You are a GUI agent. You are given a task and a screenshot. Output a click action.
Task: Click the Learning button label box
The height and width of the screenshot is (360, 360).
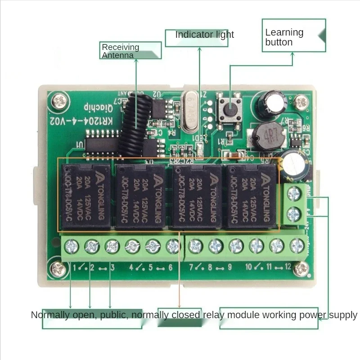click(x=294, y=36)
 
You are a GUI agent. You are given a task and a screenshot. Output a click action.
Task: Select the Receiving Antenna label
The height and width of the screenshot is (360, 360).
click(x=130, y=50)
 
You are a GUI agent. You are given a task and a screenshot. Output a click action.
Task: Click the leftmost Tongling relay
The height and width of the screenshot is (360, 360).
click(x=84, y=195)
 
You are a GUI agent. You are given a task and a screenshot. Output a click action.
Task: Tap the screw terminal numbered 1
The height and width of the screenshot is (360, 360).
click(x=72, y=247)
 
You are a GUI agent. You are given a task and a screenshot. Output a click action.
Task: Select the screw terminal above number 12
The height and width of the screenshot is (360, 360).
click(x=297, y=247)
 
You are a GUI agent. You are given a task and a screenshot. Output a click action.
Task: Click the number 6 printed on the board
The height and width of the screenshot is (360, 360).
click(x=171, y=267)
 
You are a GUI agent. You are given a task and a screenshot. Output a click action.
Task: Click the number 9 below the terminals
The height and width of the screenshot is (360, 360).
click(x=229, y=267)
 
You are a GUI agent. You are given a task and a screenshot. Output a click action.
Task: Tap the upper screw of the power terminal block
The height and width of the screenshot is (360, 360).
click(x=294, y=194)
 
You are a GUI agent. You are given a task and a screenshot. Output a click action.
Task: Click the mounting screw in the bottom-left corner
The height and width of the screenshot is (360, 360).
click(x=58, y=269)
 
